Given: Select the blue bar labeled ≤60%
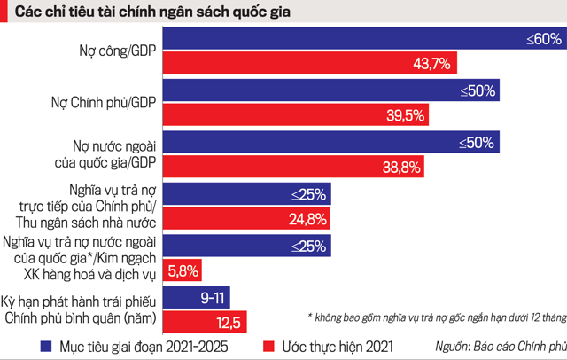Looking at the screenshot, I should pyautogui.click(x=363, y=40).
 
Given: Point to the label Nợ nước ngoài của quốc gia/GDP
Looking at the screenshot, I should pyautogui.click(x=111, y=153).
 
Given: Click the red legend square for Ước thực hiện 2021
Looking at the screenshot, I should pyautogui.click(x=271, y=346).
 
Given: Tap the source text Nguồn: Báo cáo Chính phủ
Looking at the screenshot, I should pyautogui.click(x=500, y=346).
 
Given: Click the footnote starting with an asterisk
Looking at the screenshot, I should pyautogui.click(x=434, y=315).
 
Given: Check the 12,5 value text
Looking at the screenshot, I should pyautogui.click(x=229, y=320).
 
